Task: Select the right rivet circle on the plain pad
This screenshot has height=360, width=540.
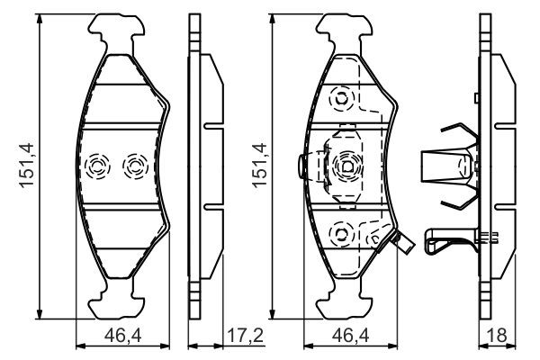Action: click(134, 165)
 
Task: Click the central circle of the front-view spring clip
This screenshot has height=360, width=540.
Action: click(346, 166)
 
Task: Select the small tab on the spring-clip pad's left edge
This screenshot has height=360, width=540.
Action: click(301, 166)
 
